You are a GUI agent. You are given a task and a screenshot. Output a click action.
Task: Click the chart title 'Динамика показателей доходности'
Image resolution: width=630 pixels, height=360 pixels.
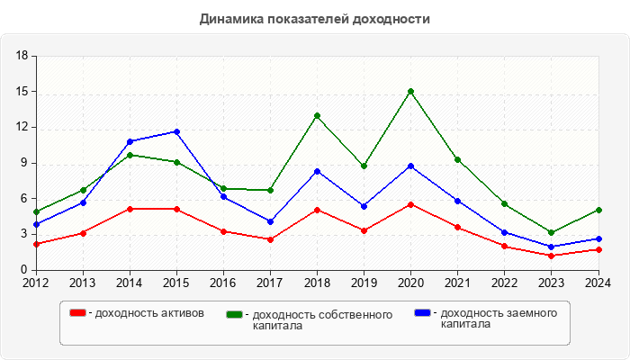[315, 18]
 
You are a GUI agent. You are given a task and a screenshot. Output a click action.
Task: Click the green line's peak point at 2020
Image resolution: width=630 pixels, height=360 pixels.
[410, 91]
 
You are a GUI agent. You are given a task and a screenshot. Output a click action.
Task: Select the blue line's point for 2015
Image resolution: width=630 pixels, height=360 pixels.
[176, 131]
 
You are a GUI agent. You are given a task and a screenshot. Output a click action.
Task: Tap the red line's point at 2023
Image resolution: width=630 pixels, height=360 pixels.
[551, 256]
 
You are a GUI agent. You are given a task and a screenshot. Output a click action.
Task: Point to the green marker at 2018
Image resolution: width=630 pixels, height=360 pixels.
[317, 115]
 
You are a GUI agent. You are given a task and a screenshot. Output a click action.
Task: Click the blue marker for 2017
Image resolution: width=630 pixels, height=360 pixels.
[270, 221]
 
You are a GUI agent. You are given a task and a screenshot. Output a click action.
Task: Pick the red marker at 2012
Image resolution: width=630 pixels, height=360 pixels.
[36, 244]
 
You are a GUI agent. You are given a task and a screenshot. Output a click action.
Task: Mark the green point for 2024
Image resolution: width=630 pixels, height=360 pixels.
[598, 210]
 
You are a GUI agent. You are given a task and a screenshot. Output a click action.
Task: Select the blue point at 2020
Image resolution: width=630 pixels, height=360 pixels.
[410, 166]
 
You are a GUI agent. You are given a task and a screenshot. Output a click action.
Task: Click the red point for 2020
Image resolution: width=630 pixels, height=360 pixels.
[410, 204]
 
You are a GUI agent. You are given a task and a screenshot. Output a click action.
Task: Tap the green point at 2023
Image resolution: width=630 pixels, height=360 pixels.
[551, 232]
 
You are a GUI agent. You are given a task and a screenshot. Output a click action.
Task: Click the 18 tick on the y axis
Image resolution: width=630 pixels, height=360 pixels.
[22, 56]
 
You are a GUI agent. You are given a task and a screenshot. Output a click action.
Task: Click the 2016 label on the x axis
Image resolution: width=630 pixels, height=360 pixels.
[223, 283]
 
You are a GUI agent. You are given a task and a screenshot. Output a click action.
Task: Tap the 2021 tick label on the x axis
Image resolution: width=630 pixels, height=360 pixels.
[457, 283]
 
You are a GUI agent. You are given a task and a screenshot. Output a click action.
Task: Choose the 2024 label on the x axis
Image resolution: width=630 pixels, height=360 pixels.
[598, 283]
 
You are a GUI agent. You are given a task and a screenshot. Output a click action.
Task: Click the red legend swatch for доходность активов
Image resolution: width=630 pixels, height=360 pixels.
[78, 313]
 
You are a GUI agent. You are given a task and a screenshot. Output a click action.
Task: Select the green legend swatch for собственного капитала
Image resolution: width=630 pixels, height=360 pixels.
[235, 314]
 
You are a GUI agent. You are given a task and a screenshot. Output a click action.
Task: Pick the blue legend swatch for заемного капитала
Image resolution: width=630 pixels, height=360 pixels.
[422, 313]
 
